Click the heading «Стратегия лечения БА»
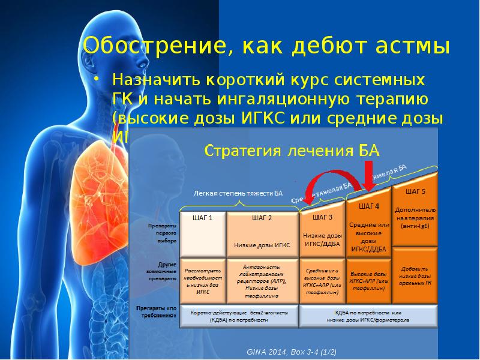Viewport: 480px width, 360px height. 293,151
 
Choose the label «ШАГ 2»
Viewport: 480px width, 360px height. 262,218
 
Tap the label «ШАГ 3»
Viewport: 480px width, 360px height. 322,217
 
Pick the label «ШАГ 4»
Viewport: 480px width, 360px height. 368,206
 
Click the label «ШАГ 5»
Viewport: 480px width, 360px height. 415,192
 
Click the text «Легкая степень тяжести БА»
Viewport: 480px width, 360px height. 238,193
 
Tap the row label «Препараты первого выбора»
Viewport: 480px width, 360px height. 161,233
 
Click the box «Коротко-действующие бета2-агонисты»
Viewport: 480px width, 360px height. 239,316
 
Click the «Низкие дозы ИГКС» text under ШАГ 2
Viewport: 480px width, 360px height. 262,245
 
